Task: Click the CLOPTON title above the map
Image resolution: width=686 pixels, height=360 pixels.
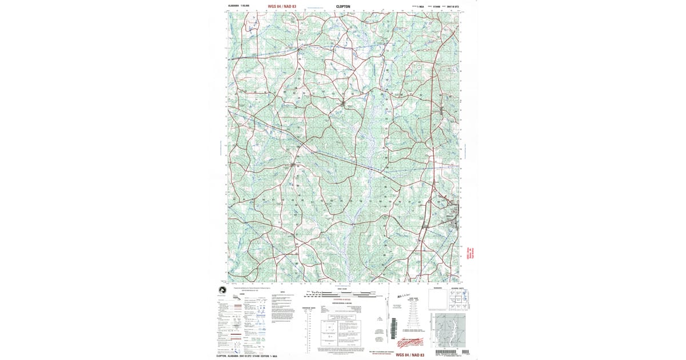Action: pyautogui.click(x=344, y=7)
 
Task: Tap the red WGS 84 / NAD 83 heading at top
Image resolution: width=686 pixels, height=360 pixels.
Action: pyautogui.click(x=282, y=7)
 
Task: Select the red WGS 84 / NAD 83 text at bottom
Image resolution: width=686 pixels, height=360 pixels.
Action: pyautogui.click(x=410, y=355)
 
